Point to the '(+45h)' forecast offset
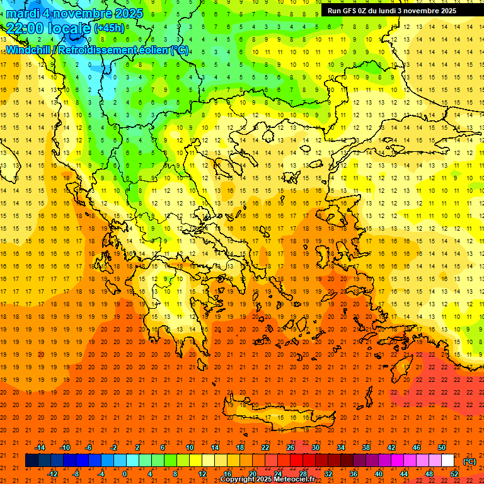point(109,28)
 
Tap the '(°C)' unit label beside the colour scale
point(469,461)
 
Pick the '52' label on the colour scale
point(455,474)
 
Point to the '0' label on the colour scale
point(125,474)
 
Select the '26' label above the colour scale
point(291,447)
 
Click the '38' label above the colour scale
point(366,447)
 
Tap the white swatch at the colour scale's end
point(447,461)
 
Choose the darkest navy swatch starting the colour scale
point(32,461)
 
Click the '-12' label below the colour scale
point(53,474)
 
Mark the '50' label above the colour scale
point(442,447)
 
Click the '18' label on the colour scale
point(240,447)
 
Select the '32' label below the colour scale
point(328,474)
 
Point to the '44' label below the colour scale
point(404,474)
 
